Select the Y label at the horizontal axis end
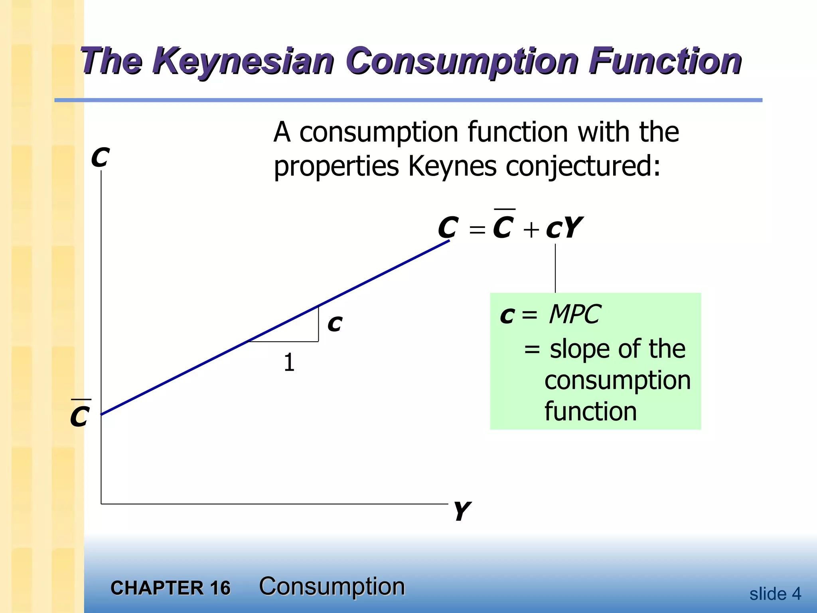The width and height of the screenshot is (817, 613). (x=462, y=511)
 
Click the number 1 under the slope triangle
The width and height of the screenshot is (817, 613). (x=289, y=362)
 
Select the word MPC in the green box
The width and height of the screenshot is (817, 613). (x=574, y=314)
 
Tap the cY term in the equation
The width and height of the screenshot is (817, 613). (x=564, y=228)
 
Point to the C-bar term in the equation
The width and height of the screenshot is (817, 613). (x=503, y=226)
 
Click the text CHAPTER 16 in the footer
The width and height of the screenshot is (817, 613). (x=170, y=588)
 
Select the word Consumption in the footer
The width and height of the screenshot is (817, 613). (x=332, y=586)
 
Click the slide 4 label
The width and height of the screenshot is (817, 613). (x=775, y=594)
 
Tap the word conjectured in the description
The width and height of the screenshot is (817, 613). (x=582, y=166)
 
